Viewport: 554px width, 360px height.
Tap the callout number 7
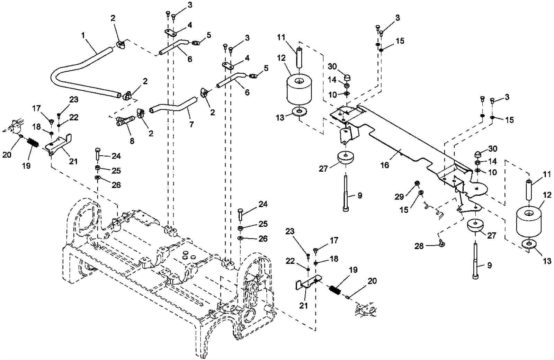pyautogui.click(x=192, y=124)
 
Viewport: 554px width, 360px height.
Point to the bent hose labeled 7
pyautogui.click(x=173, y=106)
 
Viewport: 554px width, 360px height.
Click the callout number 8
pyautogui.click(x=132, y=141)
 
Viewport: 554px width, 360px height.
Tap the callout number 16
pyautogui.click(x=385, y=165)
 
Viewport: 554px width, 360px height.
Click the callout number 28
pyautogui.click(x=419, y=246)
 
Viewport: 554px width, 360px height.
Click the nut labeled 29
pyautogui.click(x=417, y=183)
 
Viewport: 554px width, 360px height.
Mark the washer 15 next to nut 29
pyautogui.click(x=420, y=192)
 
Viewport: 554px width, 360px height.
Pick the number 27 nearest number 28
pyautogui.click(x=491, y=236)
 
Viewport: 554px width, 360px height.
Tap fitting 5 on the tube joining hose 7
pyautogui.click(x=252, y=75)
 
